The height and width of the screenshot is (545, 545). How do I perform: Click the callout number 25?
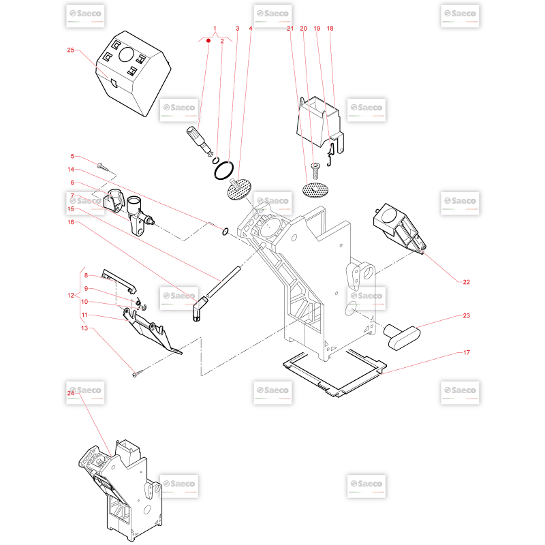click(x=71, y=50)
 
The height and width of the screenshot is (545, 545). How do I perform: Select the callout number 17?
click(x=467, y=352)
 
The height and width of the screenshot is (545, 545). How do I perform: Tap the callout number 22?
click(x=467, y=282)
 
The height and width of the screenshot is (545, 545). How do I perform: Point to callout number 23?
click(x=467, y=315)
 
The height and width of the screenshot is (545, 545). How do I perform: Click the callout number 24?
click(x=71, y=393)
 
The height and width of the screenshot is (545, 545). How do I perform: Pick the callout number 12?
click(x=71, y=296)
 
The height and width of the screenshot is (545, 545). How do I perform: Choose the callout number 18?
click(x=330, y=28)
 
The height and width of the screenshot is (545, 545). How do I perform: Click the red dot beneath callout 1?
click(x=208, y=41)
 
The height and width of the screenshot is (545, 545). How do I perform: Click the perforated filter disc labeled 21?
click(x=315, y=191)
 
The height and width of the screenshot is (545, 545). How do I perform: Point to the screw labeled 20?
click(x=315, y=171)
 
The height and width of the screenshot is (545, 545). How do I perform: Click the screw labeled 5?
click(x=104, y=167)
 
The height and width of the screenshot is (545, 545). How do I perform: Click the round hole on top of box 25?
click(x=126, y=54)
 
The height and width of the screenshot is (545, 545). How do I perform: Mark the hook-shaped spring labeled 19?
click(x=330, y=155)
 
